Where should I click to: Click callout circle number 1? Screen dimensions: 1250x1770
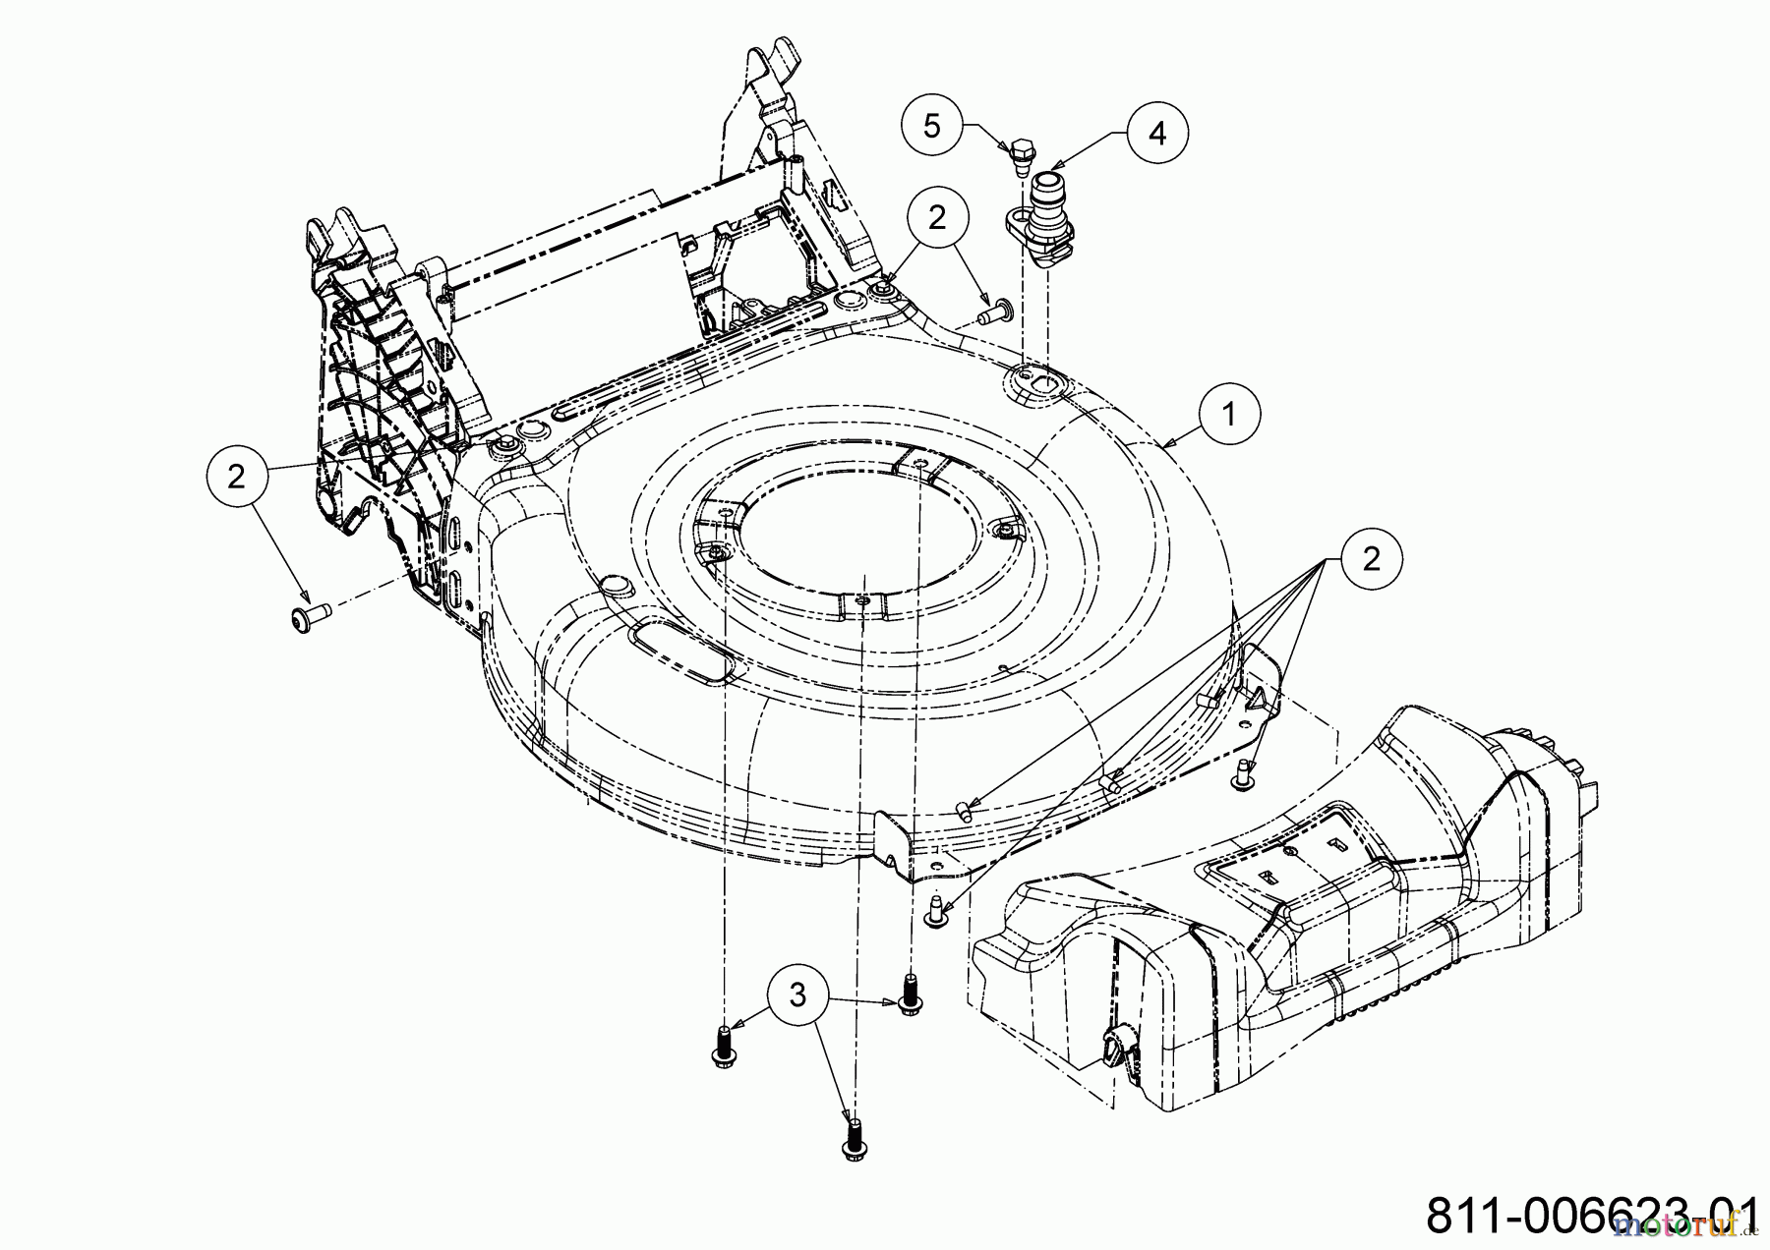(x=1228, y=415)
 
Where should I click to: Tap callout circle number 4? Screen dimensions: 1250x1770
(x=1157, y=133)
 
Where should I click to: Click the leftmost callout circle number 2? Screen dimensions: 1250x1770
(x=236, y=478)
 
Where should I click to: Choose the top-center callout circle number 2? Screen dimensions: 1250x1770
(x=936, y=217)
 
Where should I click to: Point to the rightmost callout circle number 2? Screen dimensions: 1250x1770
(x=1370, y=559)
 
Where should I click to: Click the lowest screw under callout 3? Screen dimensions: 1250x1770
(x=854, y=1140)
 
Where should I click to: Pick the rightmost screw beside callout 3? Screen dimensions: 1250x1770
(x=910, y=993)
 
